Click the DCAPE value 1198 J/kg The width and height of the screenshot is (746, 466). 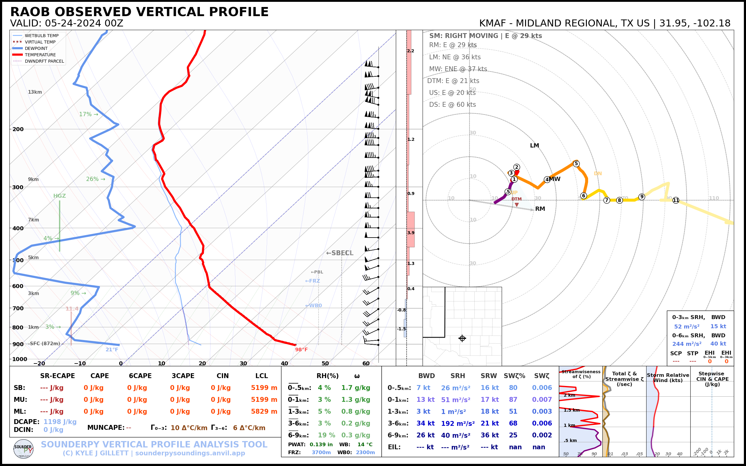point(60,422)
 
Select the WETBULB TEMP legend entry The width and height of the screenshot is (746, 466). point(42,36)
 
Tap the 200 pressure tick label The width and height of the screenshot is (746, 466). point(18,129)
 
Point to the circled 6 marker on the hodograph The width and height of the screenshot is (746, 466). point(583,196)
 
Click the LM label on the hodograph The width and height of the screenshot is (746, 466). point(534,145)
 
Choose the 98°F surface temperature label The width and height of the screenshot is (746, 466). point(301,349)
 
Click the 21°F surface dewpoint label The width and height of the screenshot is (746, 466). point(112,349)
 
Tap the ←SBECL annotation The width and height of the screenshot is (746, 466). point(340,253)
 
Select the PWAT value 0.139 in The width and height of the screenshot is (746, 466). point(321,444)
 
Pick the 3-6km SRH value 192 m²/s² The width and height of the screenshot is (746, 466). point(458,423)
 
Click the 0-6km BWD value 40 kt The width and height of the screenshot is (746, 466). point(718,344)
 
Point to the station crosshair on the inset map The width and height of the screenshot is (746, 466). point(462,339)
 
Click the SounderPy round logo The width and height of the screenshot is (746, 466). point(23,449)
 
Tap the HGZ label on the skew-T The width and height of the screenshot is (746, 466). point(60,196)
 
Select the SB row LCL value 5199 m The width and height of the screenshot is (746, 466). point(264,388)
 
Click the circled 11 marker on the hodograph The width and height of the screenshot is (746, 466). point(676,200)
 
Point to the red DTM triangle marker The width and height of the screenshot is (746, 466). point(517,205)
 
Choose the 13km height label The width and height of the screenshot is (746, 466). point(35,92)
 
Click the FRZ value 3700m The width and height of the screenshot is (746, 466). point(321,452)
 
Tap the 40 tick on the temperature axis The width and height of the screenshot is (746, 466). point(284,363)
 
